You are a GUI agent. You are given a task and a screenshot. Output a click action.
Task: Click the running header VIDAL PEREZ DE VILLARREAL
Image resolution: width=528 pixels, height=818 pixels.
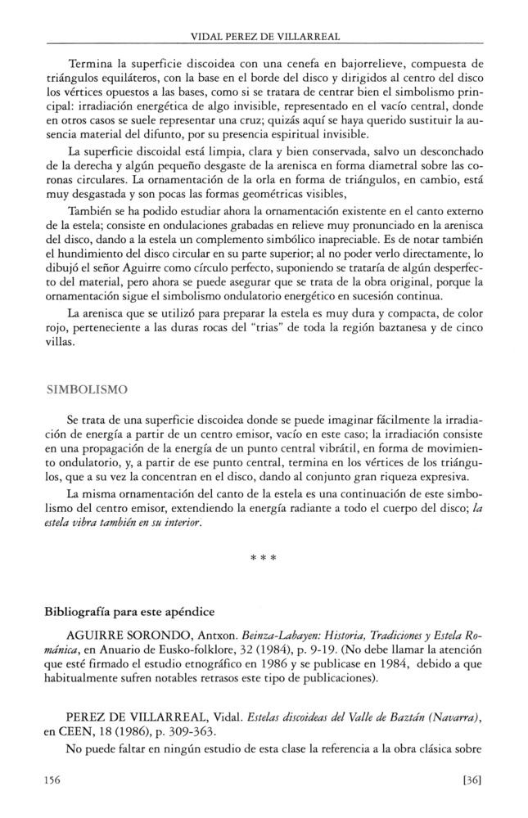pos(264,37)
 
